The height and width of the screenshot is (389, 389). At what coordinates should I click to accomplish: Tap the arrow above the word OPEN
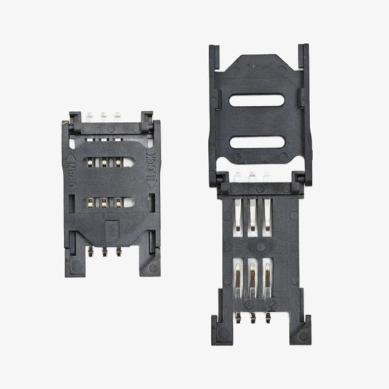[x=72, y=157]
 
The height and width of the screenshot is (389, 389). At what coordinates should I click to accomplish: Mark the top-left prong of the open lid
[x=214, y=55]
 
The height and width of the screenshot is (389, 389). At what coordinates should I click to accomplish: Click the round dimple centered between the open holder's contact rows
[x=252, y=243]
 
